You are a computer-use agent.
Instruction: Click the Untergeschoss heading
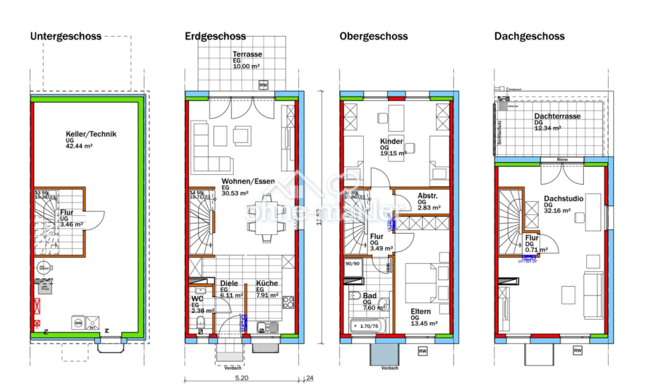pyautogui.click(x=66, y=36)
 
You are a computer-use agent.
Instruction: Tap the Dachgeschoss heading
pyautogui.click(x=529, y=36)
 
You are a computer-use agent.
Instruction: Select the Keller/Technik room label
pyautogui.click(x=91, y=134)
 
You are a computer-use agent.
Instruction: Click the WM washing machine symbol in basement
pyautogui.click(x=78, y=323)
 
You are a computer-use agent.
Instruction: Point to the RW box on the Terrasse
pyautogui.click(x=264, y=85)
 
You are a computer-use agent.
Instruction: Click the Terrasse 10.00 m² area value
pyautogui.click(x=246, y=67)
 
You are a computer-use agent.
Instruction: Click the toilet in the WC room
pyautogui.click(x=200, y=323)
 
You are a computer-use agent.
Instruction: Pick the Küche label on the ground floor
pyautogui.click(x=267, y=283)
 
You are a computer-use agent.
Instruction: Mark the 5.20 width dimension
pyautogui.click(x=241, y=378)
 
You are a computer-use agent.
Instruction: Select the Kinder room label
pyautogui.click(x=392, y=141)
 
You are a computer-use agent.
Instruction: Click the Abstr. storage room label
pyautogui.click(x=428, y=196)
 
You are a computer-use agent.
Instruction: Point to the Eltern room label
pyautogui.click(x=420, y=311)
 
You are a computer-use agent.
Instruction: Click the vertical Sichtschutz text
pyautogui.click(x=499, y=132)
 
